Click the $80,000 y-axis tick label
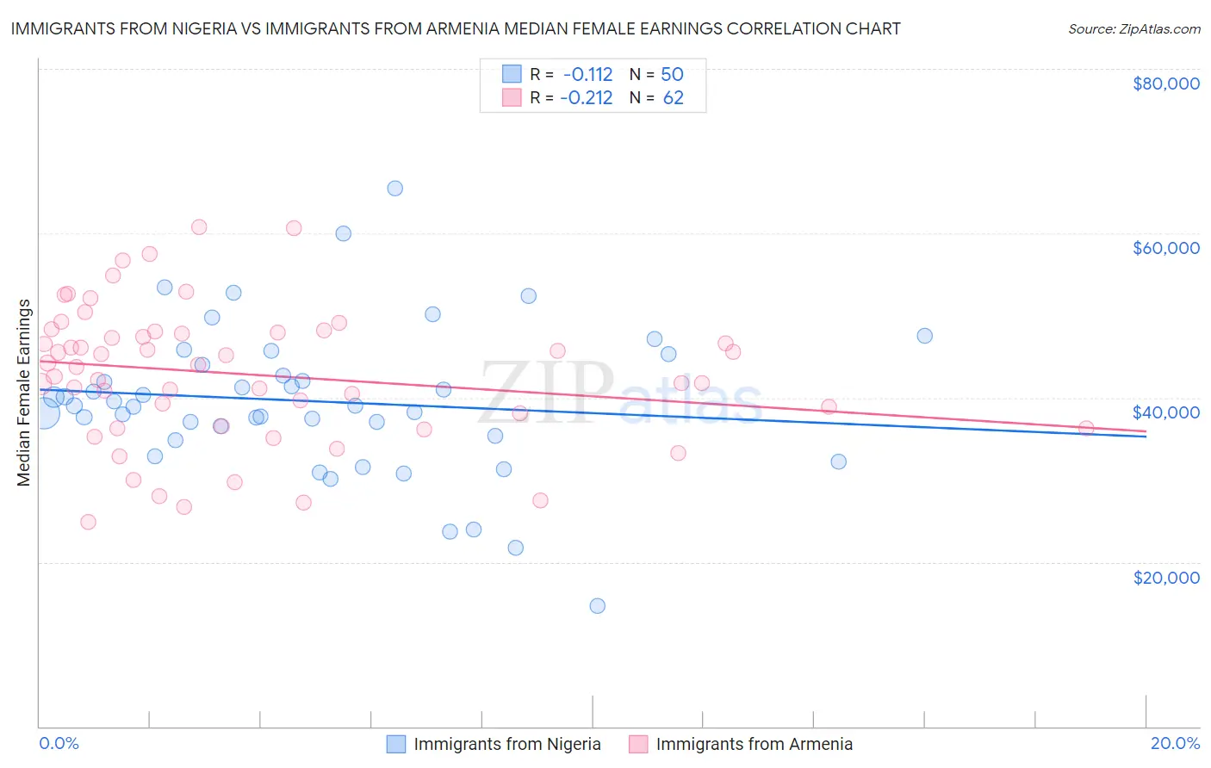click(x=1165, y=84)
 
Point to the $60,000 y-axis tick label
click(x=1165, y=248)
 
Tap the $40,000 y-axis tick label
click(x=1165, y=412)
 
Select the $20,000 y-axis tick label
click(x=1165, y=577)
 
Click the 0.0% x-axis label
click(x=59, y=743)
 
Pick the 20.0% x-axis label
click(x=1175, y=743)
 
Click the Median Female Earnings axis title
click(x=24, y=393)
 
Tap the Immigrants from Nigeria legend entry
click(x=506, y=744)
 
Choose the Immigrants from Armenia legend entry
click(x=754, y=744)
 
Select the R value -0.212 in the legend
click(x=586, y=98)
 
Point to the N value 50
click(x=672, y=74)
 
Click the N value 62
click(x=673, y=98)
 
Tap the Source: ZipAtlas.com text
click(x=1133, y=28)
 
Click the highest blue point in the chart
click(x=394, y=189)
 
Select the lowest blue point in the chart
click(x=597, y=606)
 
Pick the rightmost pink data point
click(x=1086, y=429)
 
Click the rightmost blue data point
click(x=924, y=336)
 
